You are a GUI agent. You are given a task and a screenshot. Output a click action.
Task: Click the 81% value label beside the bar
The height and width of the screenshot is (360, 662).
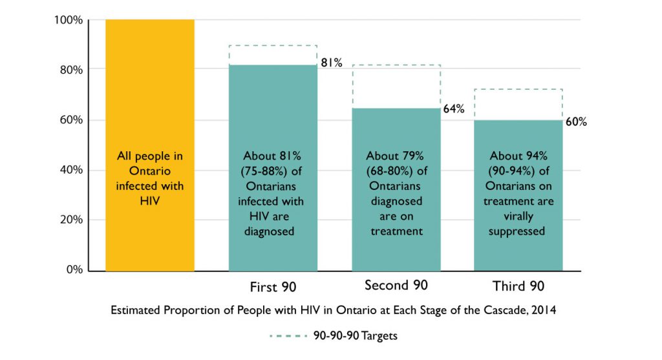point(331,63)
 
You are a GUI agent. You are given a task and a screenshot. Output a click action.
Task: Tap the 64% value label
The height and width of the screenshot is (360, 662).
point(454,109)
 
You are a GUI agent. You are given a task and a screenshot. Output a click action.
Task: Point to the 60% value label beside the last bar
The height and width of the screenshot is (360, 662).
point(576,122)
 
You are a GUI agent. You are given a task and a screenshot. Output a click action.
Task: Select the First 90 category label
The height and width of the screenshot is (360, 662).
point(273,287)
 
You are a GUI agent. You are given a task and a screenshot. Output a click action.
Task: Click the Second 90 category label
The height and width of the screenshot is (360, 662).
point(396,286)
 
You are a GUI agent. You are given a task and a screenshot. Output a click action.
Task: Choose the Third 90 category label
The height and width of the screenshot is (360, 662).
point(518,287)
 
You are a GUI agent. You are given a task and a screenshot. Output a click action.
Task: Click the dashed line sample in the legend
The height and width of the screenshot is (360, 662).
point(288,336)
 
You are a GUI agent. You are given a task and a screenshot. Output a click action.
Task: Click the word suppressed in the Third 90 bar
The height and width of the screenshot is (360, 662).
point(518,231)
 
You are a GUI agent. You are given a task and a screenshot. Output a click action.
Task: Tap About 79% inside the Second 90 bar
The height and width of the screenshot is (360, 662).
point(396,156)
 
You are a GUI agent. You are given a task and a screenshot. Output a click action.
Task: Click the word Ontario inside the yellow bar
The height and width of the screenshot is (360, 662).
point(150,171)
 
